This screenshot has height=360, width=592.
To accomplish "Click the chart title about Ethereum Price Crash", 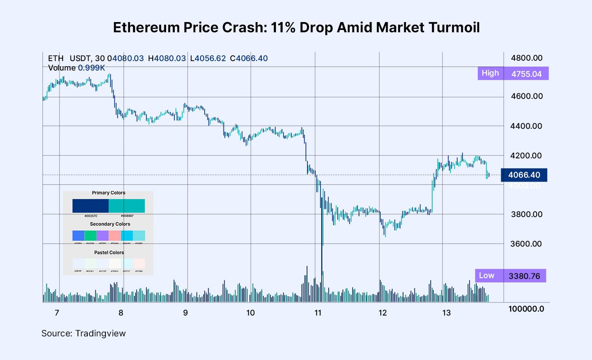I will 296,28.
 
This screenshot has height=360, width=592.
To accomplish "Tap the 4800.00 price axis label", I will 526,58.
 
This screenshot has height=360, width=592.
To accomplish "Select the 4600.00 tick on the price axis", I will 526,96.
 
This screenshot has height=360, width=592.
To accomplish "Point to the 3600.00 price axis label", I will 526,244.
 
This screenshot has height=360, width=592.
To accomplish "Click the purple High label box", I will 490,73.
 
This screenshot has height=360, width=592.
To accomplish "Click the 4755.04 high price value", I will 526,74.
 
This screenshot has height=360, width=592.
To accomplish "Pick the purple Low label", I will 487,276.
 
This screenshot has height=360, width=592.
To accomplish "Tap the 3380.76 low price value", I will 524,276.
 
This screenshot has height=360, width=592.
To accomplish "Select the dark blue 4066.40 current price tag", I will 524,175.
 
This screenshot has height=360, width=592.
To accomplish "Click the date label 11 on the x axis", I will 318,313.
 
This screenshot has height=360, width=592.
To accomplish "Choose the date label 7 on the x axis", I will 57,313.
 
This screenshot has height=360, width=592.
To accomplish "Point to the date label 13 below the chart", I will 446,313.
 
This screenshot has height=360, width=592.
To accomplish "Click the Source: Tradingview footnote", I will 83,334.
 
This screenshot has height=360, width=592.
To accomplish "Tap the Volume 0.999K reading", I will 76,68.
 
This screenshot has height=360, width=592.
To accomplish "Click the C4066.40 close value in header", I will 249,58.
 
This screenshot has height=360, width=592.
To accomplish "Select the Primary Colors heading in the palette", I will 108,193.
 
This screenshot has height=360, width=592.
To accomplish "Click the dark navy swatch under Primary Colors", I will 90,206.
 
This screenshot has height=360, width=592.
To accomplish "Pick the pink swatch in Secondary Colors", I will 115,236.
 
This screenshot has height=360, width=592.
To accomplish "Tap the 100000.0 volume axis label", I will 526,309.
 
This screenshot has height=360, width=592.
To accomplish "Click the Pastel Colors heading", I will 109,253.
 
